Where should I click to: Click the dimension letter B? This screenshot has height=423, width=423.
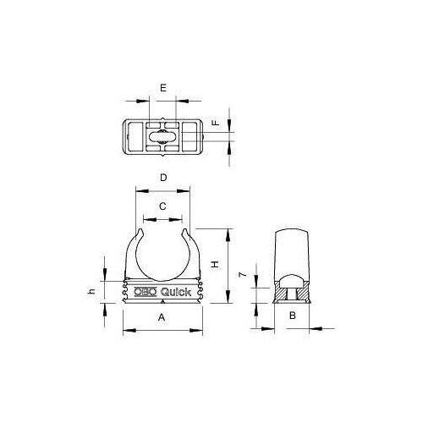coord(292,316)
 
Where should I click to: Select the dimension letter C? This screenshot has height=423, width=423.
coord(162,206)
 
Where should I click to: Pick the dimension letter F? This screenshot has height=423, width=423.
coord(217,124)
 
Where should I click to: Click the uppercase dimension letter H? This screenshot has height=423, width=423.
coord(216,265)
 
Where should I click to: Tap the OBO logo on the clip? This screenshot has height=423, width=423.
coord(146,292)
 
